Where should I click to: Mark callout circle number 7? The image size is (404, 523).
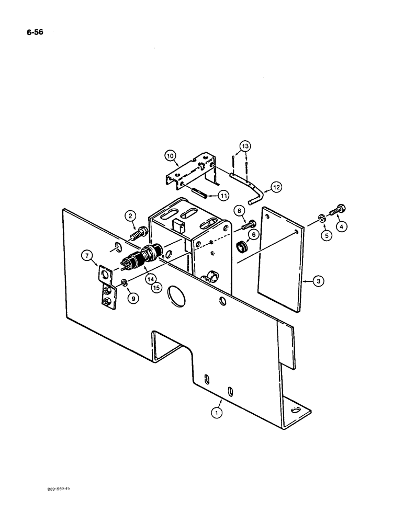click(x=87, y=255)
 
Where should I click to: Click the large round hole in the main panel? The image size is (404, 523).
click(x=176, y=299)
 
